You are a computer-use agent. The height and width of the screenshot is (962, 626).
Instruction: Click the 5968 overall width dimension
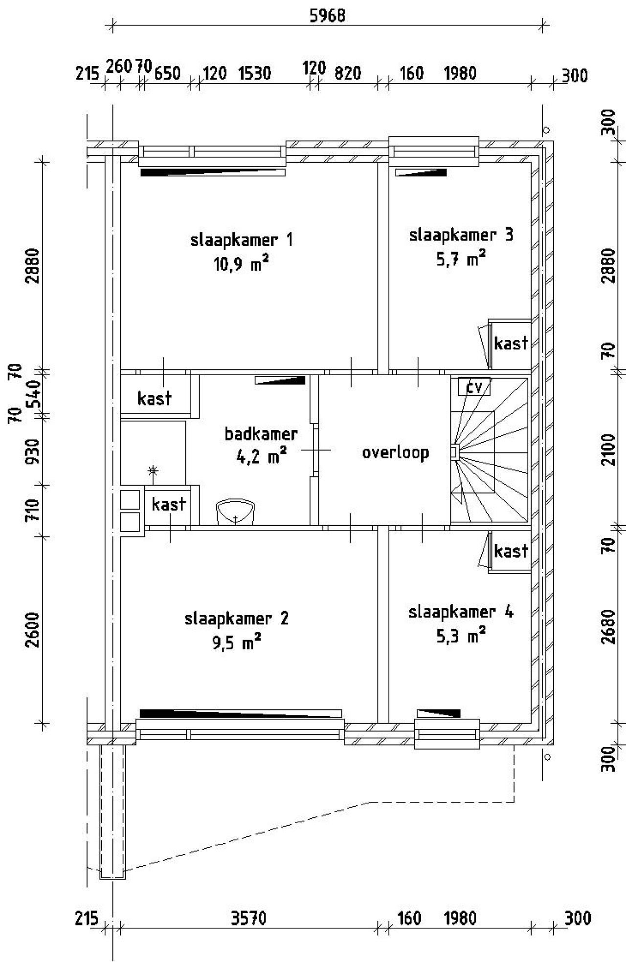(327, 16)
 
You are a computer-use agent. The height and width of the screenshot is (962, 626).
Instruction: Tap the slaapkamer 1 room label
(242, 240)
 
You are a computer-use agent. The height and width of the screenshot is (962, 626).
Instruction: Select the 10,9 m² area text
(242, 265)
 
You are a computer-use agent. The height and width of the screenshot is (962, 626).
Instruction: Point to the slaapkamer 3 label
(461, 235)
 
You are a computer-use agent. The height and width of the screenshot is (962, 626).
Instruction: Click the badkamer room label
(261, 434)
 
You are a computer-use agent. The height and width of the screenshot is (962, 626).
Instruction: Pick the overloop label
(395, 452)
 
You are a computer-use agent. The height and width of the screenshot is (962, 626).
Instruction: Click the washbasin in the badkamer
(235, 512)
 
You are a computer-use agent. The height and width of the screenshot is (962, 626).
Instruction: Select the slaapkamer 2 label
(236, 619)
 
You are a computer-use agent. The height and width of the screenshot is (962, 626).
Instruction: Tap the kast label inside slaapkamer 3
(511, 343)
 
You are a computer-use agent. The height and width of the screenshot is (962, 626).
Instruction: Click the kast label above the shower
(154, 399)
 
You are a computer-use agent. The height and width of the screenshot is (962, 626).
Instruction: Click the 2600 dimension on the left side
(33, 629)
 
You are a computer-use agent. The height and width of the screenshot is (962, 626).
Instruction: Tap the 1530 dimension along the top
(254, 74)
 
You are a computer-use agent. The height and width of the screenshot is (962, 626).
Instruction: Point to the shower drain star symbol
(153, 471)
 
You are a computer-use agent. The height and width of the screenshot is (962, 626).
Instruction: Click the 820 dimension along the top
(347, 74)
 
